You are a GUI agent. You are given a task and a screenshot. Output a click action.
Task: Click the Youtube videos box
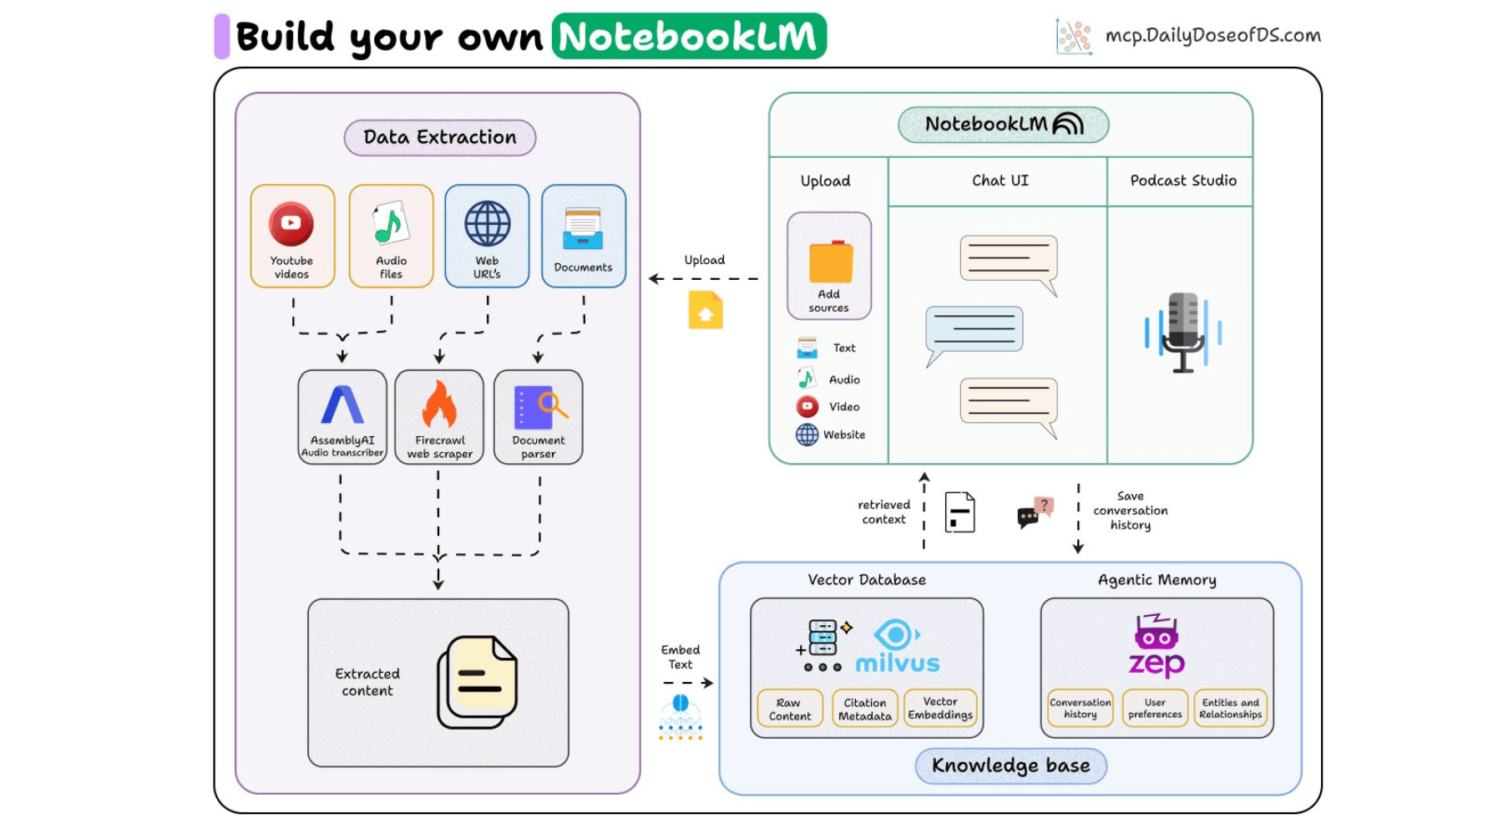(x=292, y=236)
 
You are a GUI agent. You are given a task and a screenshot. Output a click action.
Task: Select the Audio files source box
(x=391, y=236)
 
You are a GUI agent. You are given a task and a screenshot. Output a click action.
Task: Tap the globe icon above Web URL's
(x=488, y=224)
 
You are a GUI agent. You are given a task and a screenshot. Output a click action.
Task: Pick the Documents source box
(x=584, y=236)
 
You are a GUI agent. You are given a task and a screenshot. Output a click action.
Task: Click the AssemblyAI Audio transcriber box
(x=342, y=417)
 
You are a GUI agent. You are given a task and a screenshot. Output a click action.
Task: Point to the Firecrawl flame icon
(x=439, y=404)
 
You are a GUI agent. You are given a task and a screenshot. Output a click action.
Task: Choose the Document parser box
(x=539, y=417)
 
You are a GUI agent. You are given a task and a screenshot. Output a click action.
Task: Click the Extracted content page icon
(x=478, y=681)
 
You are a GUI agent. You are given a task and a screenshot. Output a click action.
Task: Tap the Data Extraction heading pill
(x=440, y=138)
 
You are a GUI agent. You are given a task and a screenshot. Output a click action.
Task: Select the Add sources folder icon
(x=830, y=262)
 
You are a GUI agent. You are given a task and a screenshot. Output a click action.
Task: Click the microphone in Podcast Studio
(x=1183, y=332)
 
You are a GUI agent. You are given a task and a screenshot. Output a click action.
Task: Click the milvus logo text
(x=898, y=664)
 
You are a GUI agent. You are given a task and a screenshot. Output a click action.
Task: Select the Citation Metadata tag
(x=865, y=709)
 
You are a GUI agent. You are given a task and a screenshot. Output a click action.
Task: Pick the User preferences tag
(x=1155, y=709)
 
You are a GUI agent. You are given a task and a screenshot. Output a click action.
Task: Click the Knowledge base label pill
(x=1010, y=766)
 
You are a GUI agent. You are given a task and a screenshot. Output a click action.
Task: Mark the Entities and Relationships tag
(x=1231, y=709)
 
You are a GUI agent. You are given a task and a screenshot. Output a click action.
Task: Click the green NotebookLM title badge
(x=689, y=37)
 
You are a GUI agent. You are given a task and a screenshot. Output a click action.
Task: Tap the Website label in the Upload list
(x=844, y=435)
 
